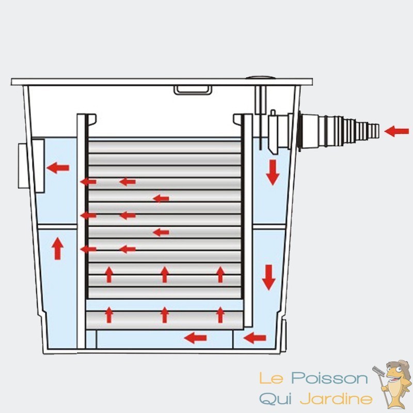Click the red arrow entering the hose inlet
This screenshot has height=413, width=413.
(x=396, y=131)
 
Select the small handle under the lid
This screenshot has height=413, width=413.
(x=193, y=90)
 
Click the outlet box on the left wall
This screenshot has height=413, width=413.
(x=25, y=165)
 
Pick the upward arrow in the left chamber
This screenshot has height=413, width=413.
(x=57, y=249)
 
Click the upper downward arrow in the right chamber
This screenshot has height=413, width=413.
(x=272, y=172)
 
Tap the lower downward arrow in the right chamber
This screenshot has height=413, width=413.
(x=268, y=277)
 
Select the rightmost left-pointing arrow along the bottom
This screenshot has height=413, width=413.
(x=255, y=338)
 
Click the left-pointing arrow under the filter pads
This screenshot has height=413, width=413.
(x=196, y=338)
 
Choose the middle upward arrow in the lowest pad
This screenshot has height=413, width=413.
(x=165, y=314)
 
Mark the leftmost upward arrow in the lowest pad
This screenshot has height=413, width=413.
(x=109, y=314)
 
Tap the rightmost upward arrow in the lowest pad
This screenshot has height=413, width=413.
(x=220, y=314)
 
